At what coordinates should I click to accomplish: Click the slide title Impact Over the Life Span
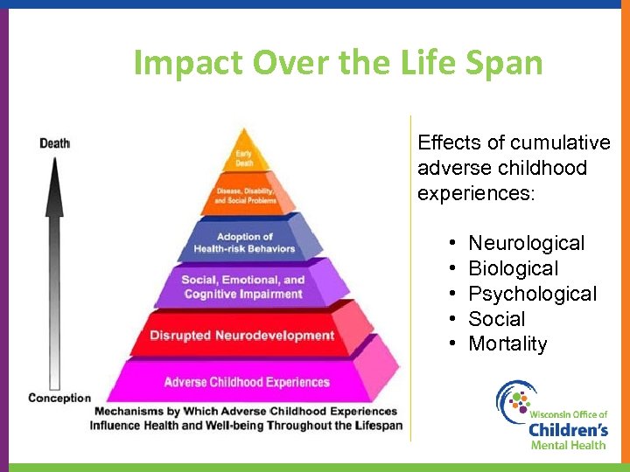tap(338, 63)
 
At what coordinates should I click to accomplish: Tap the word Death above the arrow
tap(54, 143)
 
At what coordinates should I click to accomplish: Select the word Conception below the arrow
tap(59, 398)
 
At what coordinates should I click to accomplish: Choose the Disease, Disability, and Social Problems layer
tap(245, 195)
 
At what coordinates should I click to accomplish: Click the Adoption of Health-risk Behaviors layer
tap(245, 242)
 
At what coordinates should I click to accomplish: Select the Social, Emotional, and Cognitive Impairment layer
tap(244, 287)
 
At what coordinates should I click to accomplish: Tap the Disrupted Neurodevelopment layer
tap(242, 336)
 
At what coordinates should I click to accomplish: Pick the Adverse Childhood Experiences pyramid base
tap(247, 382)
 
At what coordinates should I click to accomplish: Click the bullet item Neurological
tap(526, 243)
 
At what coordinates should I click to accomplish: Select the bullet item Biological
tap(513, 268)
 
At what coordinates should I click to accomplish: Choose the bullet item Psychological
tap(532, 294)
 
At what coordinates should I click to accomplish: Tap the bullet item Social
tap(497, 319)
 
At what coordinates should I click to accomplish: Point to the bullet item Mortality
tap(507, 344)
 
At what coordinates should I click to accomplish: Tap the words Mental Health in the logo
tap(568, 445)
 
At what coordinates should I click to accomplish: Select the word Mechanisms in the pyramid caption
tap(129, 411)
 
